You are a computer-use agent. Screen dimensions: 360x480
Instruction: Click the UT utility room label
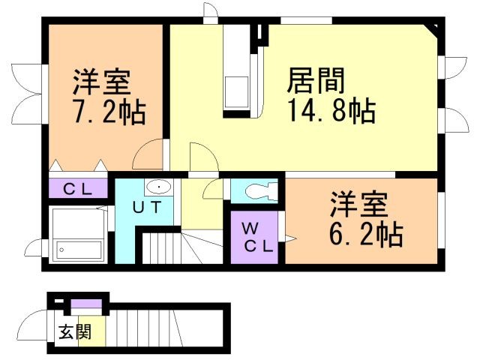coord(146,207)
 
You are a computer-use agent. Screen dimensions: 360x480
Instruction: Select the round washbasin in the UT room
coord(158,187)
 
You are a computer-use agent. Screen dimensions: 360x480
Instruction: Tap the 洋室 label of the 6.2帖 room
coord(360,203)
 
